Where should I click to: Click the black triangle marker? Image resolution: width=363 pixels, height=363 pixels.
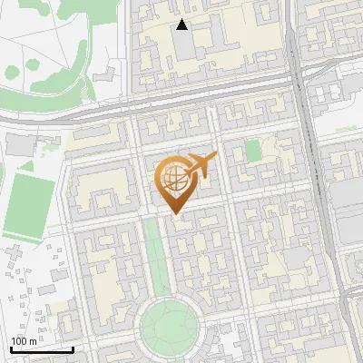tap(182, 25)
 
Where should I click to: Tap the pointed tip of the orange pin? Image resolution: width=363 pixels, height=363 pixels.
tap(173, 213)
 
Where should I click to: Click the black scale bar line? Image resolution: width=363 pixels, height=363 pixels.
tap(42, 349)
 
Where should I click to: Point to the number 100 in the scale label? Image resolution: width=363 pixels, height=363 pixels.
tap(19, 341)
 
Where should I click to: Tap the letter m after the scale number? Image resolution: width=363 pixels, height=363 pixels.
tap(32, 341)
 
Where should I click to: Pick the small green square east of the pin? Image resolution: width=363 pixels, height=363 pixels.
tap(253, 151)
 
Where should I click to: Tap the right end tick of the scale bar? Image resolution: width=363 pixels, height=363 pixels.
tap(73, 348)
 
